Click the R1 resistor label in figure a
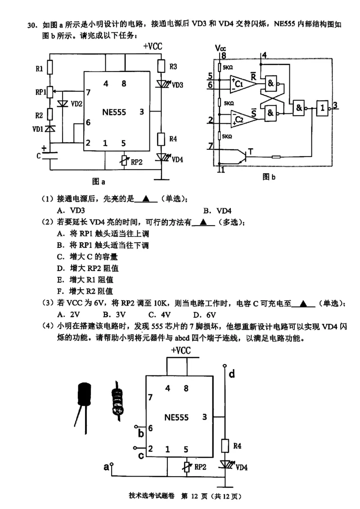[x=39, y=69]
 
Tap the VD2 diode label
[x=76, y=104]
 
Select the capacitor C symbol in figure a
[x=50, y=156]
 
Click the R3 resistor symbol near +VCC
[x=162, y=66]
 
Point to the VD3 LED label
[x=178, y=85]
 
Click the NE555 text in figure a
[x=115, y=112]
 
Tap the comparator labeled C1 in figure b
[x=239, y=84]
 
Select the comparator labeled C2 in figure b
[x=239, y=119]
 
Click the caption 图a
[x=98, y=182]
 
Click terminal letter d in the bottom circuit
[x=231, y=374]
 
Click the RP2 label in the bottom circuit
[x=200, y=468]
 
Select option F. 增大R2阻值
[x=85, y=291]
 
